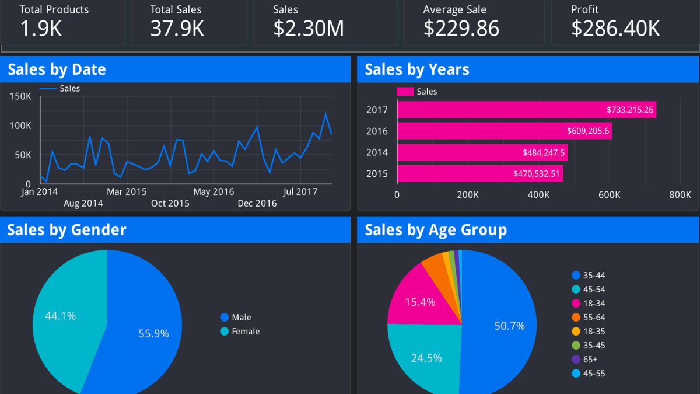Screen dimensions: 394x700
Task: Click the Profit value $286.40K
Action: click(x=615, y=28)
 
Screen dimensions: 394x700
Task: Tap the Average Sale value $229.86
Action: click(x=461, y=28)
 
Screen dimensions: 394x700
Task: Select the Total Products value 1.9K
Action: click(x=41, y=28)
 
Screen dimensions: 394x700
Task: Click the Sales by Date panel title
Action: click(x=57, y=69)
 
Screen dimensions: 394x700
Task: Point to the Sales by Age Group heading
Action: click(x=435, y=230)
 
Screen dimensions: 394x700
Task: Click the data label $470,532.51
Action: click(x=537, y=173)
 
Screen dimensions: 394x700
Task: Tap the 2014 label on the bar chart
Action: click(x=377, y=152)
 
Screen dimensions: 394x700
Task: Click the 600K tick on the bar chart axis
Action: click(x=609, y=195)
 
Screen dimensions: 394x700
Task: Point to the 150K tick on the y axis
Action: click(x=20, y=96)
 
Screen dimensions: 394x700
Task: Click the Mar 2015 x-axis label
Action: click(x=127, y=191)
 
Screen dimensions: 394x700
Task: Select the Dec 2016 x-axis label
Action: click(x=257, y=203)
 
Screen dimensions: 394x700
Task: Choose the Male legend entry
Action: click(x=241, y=318)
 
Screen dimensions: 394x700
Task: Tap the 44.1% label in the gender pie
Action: click(x=61, y=316)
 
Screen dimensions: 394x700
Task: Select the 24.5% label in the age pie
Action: click(x=426, y=358)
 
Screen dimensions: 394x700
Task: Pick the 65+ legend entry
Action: click(x=590, y=360)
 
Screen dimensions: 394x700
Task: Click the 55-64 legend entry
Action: click(x=594, y=318)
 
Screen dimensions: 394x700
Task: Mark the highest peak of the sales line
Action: click(x=325, y=113)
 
